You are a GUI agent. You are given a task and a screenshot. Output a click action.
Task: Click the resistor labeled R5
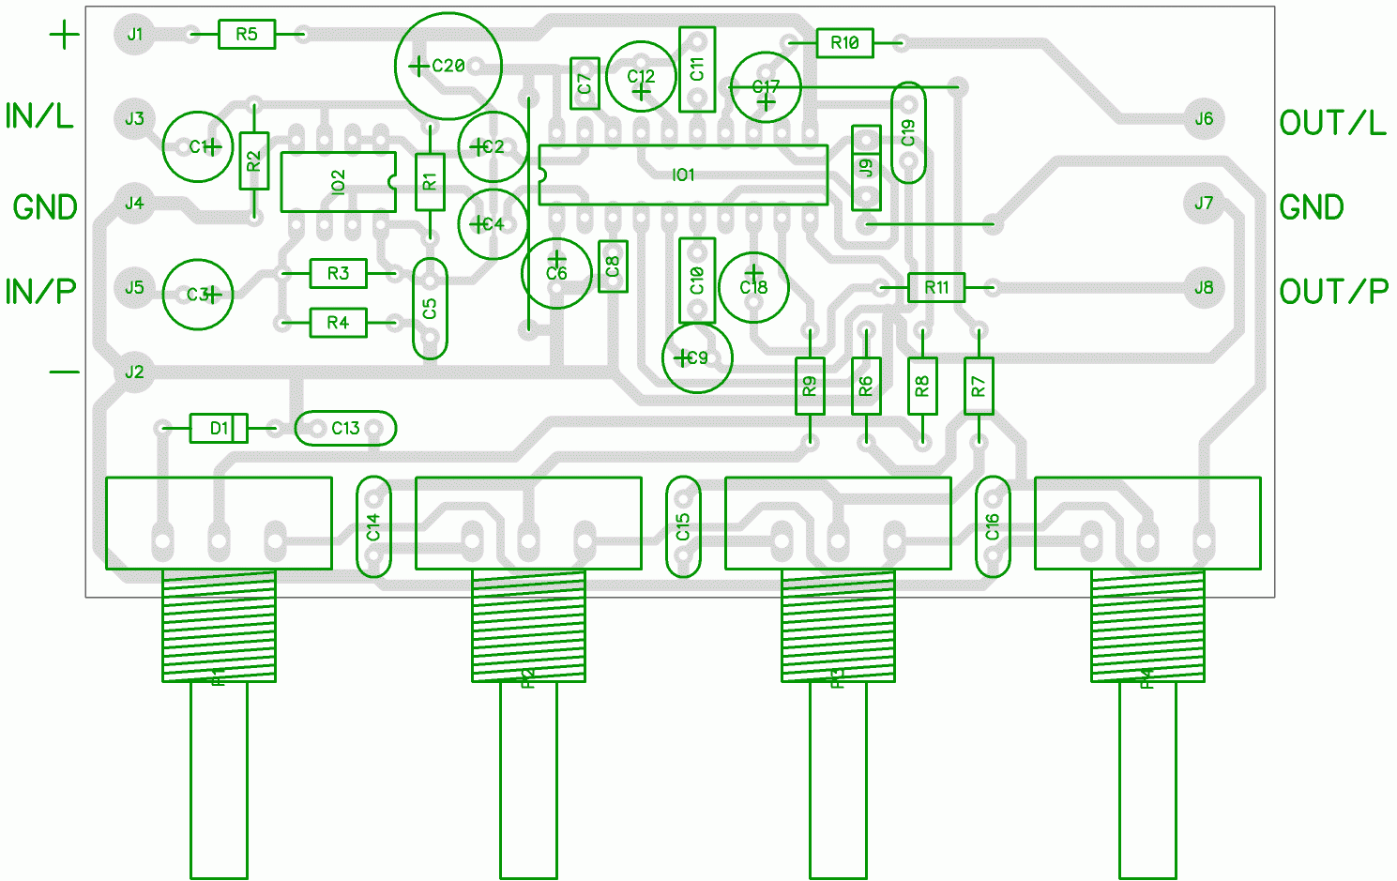[x=247, y=35]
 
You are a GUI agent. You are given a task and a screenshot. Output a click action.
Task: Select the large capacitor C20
[x=448, y=66]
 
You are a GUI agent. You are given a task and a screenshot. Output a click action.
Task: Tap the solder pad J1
[x=135, y=35]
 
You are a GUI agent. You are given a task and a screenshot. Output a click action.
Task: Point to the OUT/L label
[x=1332, y=123]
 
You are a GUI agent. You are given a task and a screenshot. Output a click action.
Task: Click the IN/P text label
[x=40, y=292]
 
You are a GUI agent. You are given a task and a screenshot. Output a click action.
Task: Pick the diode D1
[x=219, y=429]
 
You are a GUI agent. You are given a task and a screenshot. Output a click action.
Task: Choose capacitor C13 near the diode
[x=345, y=429]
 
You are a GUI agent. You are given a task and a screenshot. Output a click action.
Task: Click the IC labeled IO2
[x=338, y=182]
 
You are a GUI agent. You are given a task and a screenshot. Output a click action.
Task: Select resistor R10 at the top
[x=844, y=43]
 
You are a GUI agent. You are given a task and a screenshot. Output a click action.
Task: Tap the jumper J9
[x=866, y=168]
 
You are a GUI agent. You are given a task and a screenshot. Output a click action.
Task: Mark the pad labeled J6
[x=1204, y=119]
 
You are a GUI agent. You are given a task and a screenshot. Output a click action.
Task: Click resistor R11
[x=936, y=287]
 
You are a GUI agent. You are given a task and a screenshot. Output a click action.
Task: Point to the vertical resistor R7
[x=979, y=386]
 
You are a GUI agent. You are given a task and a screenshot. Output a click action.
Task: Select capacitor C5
[x=430, y=309]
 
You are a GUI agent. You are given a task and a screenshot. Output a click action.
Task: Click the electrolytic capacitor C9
[x=696, y=357]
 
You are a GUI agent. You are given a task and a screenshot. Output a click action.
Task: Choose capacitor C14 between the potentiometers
[x=373, y=526]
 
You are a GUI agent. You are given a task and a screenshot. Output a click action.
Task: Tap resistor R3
[x=338, y=273]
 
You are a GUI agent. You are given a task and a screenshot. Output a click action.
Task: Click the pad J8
[x=1204, y=288]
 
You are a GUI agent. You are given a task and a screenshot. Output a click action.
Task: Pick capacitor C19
[x=907, y=132]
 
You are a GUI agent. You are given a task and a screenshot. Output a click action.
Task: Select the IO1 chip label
[x=683, y=175]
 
